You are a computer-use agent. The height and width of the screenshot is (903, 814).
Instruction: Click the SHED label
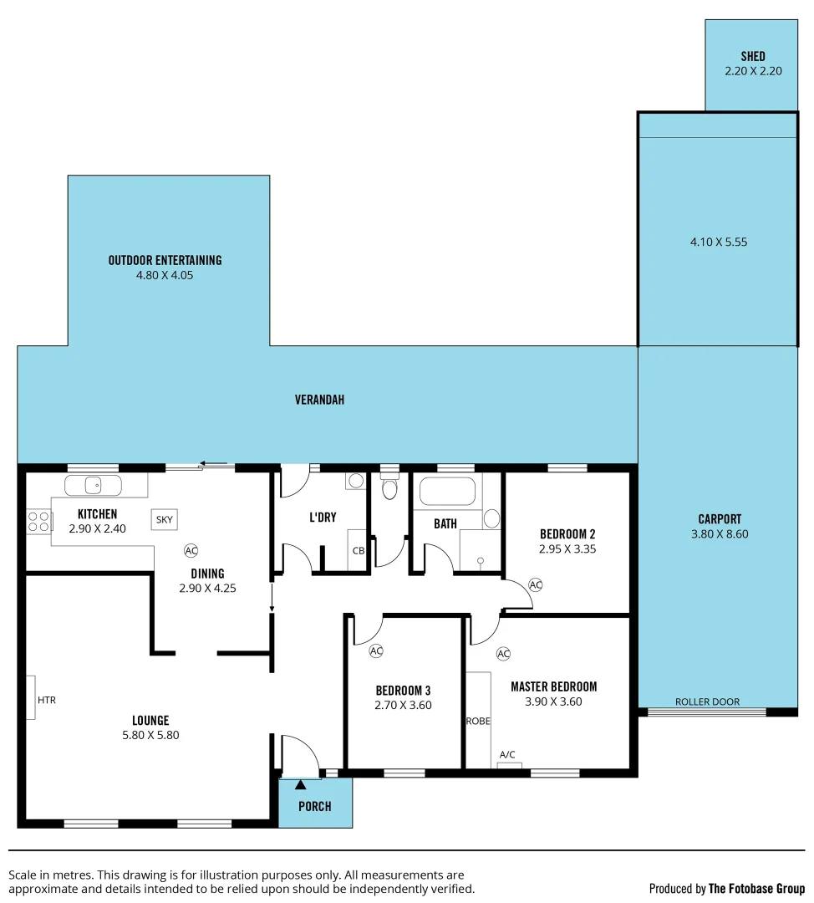point(752,57)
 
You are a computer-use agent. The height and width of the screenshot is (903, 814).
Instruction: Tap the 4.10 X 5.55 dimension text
point(718,242)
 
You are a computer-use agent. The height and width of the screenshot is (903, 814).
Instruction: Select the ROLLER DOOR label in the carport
point(707,701)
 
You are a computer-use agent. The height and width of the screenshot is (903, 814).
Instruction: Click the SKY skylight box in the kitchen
point(164,519)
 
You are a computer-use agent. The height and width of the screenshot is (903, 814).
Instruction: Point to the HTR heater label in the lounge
point(47,700)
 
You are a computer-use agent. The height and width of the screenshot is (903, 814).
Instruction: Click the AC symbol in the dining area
point(191,550)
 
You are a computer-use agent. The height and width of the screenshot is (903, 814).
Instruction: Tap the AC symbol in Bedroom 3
point(375,650)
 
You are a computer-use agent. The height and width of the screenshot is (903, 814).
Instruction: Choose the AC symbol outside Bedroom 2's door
point(536,584)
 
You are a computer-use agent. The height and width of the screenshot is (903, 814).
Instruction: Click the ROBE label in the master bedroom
point(478,721)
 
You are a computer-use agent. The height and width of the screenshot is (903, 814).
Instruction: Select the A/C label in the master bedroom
point(507,754)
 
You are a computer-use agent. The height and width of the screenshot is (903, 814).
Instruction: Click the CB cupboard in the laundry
point(359,550)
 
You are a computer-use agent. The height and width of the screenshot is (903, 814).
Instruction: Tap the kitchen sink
point(93,485)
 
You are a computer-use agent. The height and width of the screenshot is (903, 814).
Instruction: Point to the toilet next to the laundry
point(389,487)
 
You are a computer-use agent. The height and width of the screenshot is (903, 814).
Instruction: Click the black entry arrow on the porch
point(300,784)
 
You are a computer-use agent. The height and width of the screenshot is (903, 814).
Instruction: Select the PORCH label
point(314,806)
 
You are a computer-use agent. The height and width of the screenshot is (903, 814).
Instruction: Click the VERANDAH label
point(319,400)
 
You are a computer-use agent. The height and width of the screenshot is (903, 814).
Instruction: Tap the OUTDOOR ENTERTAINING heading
point(165,260)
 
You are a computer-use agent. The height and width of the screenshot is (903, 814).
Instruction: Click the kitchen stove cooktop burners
point(38,522)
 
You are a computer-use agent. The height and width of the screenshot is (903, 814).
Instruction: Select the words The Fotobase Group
point(756,888)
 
